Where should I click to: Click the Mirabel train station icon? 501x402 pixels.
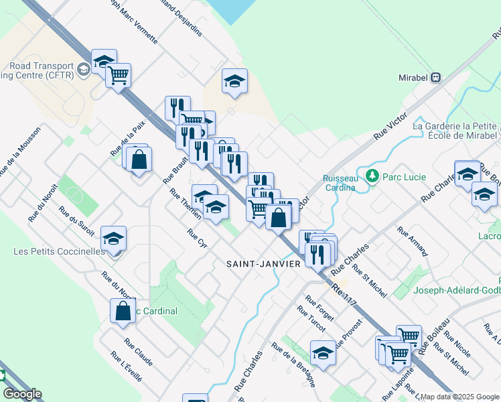point(436,77)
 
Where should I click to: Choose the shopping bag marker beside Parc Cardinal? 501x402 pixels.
point(123,312)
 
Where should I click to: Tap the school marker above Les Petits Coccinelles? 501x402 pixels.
point(113,239)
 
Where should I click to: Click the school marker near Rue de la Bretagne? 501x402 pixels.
point(322,353)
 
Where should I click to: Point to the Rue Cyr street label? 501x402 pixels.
point(198,239)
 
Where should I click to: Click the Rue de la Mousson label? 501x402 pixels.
point(20,151)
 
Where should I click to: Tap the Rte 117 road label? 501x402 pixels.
point(345,299)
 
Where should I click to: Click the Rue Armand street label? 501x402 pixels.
point(412,241)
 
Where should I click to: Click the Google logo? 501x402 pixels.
point(22,394)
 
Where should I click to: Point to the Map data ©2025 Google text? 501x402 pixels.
point(460,397)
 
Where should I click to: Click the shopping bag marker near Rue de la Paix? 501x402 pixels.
point(139,160)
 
